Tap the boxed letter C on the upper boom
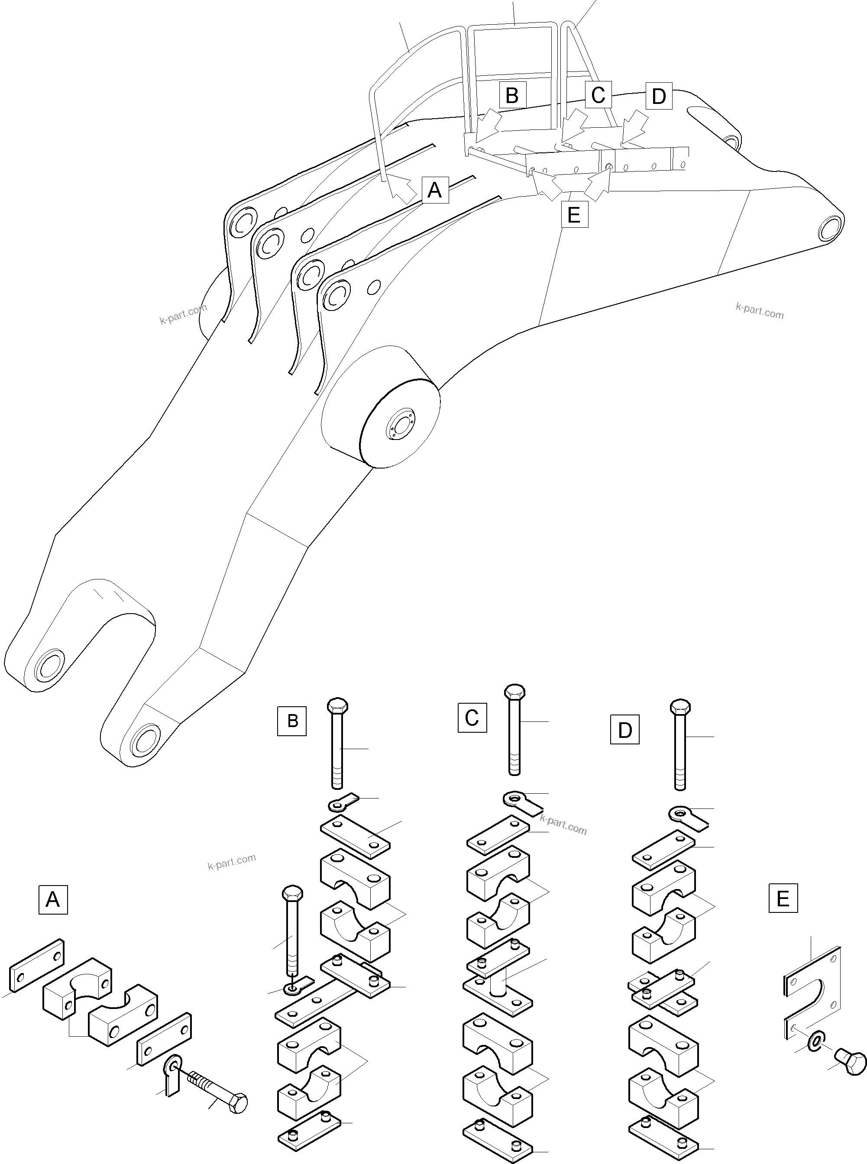[598, 95]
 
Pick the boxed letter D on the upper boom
[659, 96]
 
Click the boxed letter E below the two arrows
[574, 214]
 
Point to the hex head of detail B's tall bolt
[337, 705]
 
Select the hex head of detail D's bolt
[680, 706]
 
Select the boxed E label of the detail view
[783, 899]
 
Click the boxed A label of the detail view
[53, 900]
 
